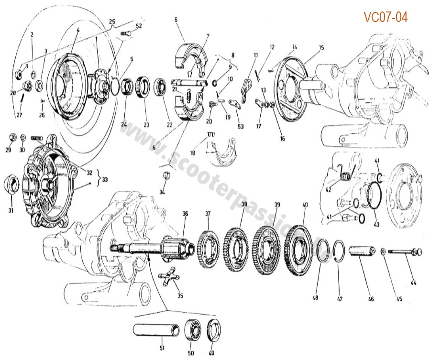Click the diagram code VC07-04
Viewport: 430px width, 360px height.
click(386, 17)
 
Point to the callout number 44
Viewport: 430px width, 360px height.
click(413, 283)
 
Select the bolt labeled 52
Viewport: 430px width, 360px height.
click(127, 33)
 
